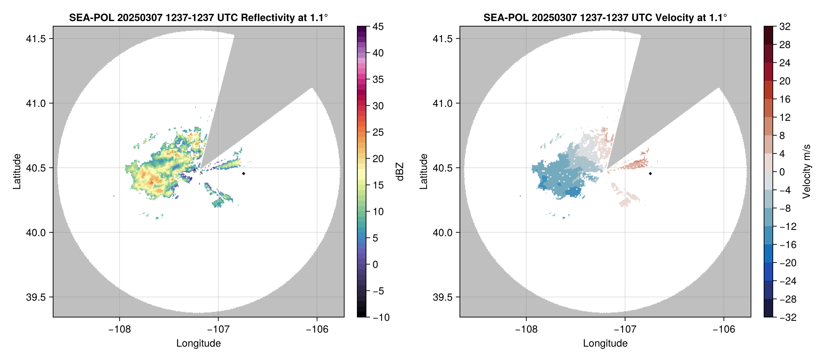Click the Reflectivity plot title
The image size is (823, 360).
coord(198,17)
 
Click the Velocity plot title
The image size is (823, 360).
coord(605,17)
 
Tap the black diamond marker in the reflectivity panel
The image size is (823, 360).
coord(243,173)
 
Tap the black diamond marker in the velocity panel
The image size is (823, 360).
coord(650,173)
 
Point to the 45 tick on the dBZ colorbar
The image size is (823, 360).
coord(378,27)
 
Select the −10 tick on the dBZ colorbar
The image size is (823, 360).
coord(381,317)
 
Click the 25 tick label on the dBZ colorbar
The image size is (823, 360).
coord(378,132)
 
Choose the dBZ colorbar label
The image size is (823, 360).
coord(400,172)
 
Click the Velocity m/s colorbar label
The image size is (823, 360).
coord(807,172)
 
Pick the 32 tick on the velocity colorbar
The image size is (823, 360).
coord(785,27)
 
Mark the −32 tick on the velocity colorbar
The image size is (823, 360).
coord(788,317)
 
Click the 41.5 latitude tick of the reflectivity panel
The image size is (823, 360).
coord(36,39)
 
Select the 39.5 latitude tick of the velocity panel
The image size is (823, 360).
coord(443,297)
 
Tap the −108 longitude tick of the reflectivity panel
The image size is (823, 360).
coord(119,329)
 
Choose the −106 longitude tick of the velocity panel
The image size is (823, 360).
coord(724,329)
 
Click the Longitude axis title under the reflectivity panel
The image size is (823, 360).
coord(198,343)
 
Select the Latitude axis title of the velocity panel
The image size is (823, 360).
coord(423,172)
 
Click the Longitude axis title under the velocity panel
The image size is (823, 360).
coord(605,343)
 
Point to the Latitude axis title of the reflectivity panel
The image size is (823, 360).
coord(17,172)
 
